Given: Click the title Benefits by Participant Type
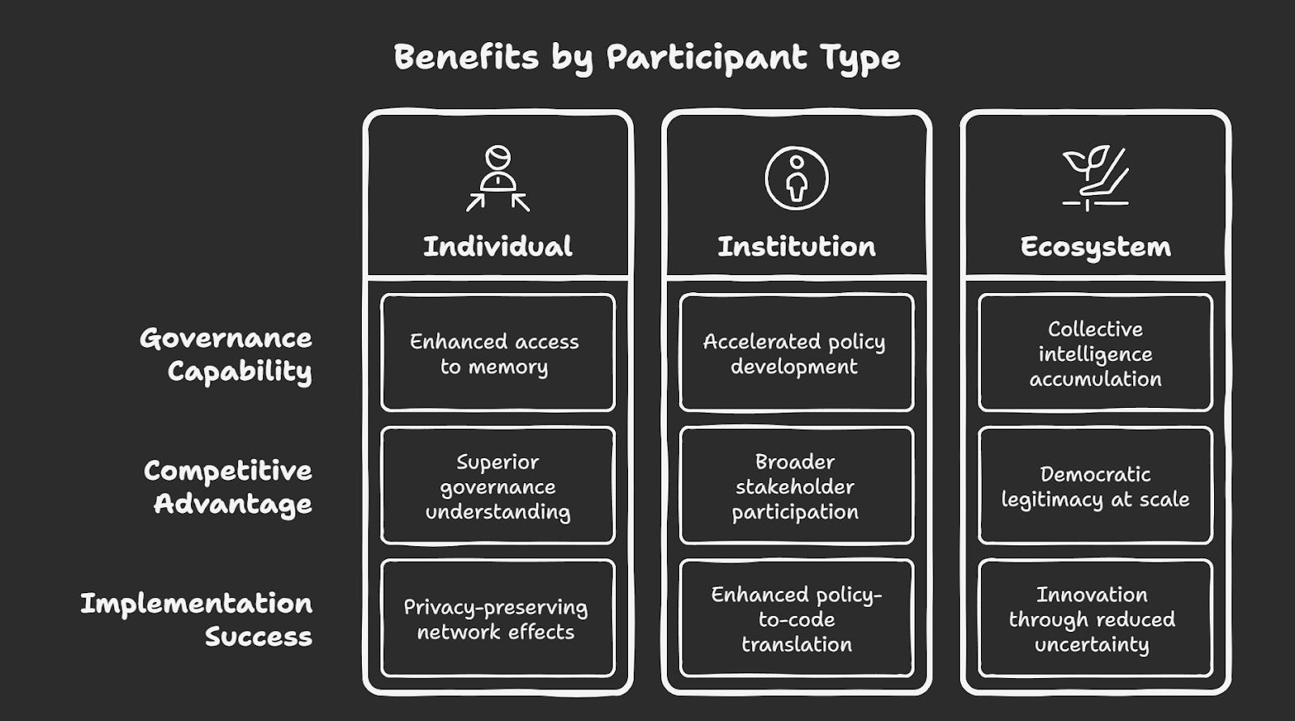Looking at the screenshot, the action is (647, 58).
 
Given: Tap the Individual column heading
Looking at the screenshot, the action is (497, 246).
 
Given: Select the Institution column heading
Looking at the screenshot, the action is (796, 246).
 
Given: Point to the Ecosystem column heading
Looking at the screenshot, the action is (1095, 246).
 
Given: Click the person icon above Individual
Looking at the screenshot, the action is (498, 178).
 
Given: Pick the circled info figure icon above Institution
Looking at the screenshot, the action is (796, 178).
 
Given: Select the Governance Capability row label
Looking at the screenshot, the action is (227, 354).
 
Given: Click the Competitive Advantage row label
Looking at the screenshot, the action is (229, 487).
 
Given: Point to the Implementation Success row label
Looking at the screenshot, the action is (197, 620).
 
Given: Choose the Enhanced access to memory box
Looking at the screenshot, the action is (497, 354).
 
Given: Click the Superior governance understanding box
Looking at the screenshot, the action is (497, 486).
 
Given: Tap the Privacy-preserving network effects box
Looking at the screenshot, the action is (497, 619).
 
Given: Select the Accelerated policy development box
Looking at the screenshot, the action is (796, 354).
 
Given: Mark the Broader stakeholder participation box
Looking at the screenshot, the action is (796, 486).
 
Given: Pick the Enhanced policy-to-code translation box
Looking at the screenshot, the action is (796, 619).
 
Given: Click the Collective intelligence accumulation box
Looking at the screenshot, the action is (1095, 354).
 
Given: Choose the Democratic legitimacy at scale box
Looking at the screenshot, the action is (1095, 486).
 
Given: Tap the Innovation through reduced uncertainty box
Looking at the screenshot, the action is (1095, 619).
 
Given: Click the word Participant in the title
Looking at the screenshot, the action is (707, 58).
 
